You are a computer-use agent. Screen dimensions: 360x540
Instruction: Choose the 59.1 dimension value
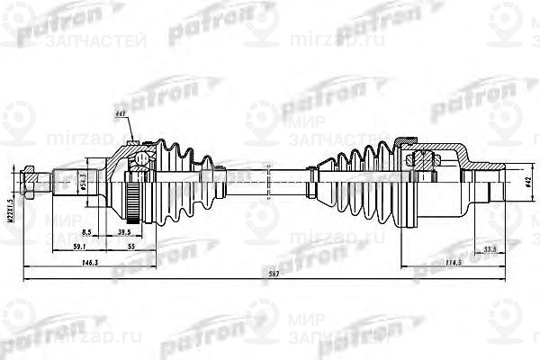coord(78,246)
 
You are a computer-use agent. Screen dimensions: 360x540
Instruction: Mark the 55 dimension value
coord(130,246)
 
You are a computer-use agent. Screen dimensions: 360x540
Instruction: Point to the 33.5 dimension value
coord(490,247)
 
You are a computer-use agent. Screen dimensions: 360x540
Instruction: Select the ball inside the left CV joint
coord(140,160)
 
